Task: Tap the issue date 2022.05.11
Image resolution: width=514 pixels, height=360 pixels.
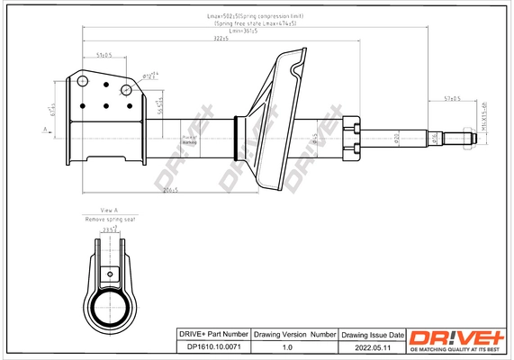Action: [366, 346]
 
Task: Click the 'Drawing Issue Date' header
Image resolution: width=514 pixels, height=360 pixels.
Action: [366, 334]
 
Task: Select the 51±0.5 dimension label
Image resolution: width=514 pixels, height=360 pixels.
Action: [104, 56]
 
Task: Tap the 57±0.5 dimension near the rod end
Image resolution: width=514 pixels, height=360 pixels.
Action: [450, 98]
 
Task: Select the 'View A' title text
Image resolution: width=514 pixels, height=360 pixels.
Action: [109, 210]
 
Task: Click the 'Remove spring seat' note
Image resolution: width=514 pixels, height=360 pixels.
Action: [109, 219]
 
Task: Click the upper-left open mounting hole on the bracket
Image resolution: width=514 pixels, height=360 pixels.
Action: [84, 82]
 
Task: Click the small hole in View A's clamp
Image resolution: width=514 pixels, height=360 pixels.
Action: [110, 274]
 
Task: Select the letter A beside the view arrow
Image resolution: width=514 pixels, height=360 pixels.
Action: [44, 131]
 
